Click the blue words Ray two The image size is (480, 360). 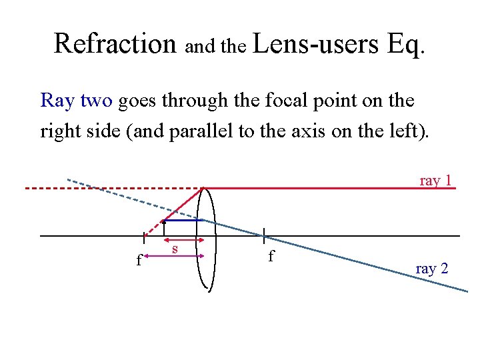(x=77, y=101)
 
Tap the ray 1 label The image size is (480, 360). (x=436, y=180)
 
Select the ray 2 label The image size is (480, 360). (x=432, y=269)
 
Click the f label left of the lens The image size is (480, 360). (x=139, y=260)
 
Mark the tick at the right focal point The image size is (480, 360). (x=265, y=235)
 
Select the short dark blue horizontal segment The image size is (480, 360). (x=183, y=220)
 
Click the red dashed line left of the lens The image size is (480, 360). (x=100, y=189)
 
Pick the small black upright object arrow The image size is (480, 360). (x=164, y=228)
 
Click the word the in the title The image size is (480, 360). (x=233, y=47)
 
